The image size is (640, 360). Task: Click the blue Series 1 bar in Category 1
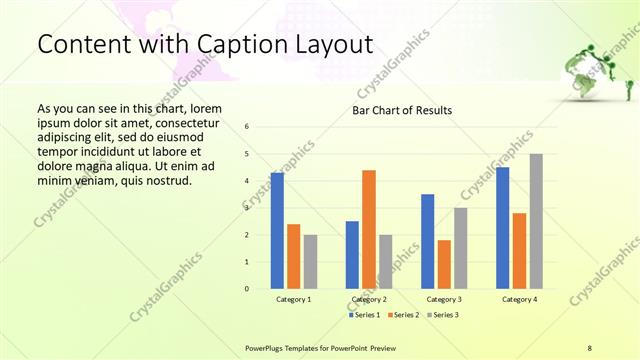pyautogui.click(x=277, y=231)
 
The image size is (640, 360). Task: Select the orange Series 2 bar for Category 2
pyautogui.click(x=369, y=229)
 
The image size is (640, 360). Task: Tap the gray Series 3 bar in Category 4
pyautogui.click(x=536, y=221)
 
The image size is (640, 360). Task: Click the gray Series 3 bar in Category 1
pyautogui.click(x=310, y=262)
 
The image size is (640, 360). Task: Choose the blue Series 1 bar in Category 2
pyautogui.click(x=352, y=255)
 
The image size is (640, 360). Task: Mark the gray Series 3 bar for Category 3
pyautogui.click(x=460, y=248)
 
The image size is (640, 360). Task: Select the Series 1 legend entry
pyautogui.click(x=364, y=315)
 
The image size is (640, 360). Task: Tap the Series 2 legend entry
pyautogui.click(x=402, y=315)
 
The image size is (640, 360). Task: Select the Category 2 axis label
pyautogui.click(x=369, y=299)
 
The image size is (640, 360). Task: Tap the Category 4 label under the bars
pyautogui.click(x=519, y=299)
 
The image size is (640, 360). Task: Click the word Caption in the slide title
pyautogui.click(x=213, y=45)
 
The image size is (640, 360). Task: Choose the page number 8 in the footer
pyautogui.click(x=590, y=347)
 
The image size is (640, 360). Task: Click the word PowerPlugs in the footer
pyautogui.click(x=266, y=347)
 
